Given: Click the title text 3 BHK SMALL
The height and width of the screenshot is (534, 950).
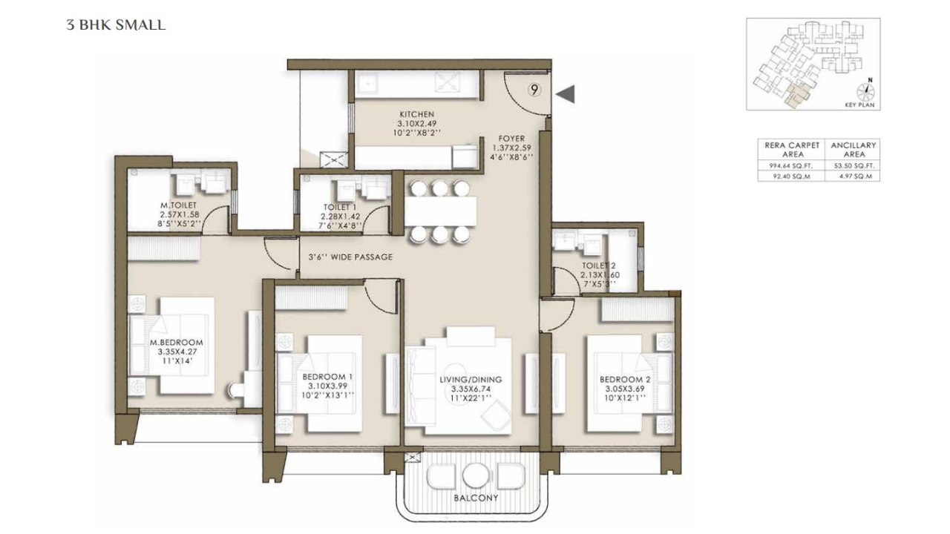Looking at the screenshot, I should [x=116, y=25].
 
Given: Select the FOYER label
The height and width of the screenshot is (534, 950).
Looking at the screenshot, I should [x=511, y=139].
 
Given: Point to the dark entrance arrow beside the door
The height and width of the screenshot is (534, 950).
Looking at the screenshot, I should [x=566, y=93].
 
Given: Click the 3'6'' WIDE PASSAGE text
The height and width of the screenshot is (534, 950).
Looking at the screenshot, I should [x=350, y=257].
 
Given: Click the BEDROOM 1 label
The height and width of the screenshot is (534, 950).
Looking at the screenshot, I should [x=327, y=377].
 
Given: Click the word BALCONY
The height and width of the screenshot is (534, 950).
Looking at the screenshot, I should [x=475, y=498].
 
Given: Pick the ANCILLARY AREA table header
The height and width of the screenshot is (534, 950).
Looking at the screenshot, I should [x=854, y=149].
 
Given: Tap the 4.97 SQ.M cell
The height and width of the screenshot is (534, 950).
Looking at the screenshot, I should [x=854, y=177].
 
